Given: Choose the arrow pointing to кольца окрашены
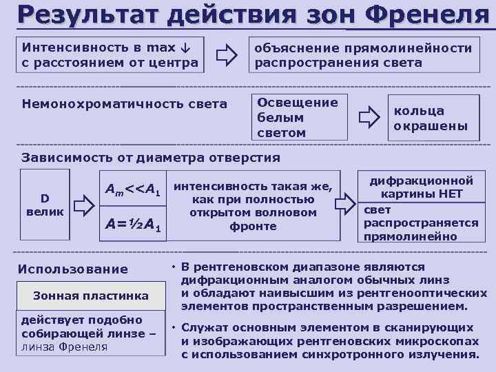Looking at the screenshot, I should (x=369, y=117).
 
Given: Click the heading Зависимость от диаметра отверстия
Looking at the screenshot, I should (x=150, y=158).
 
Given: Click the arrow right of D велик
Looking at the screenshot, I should (x=83, y=205).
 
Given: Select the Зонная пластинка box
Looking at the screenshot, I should (x=91, y=296).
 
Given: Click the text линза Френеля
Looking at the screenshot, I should (x=65, y=347).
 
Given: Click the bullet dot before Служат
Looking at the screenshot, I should (x=175, y=328).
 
